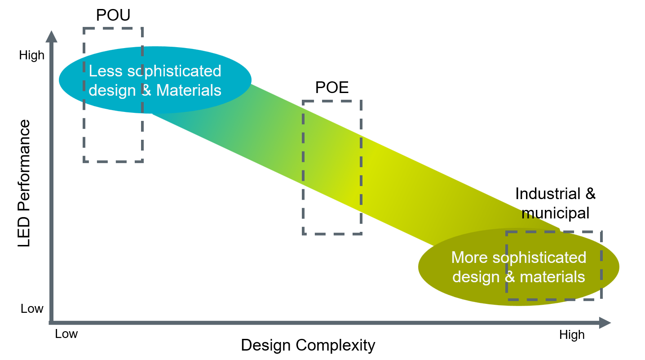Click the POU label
point(113,16)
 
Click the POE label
point(332,88)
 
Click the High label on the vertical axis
point(32,55)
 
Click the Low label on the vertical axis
point(32,309)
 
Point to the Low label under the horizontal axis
point(66,334)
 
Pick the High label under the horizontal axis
point(572,335)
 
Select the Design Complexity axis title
point(308,345)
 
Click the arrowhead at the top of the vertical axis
point(52,37)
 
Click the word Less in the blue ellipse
point(101,71)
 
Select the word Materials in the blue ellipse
point(189,90)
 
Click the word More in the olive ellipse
point(469,258)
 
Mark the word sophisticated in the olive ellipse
point(539,258)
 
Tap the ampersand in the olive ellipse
point(509,276)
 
